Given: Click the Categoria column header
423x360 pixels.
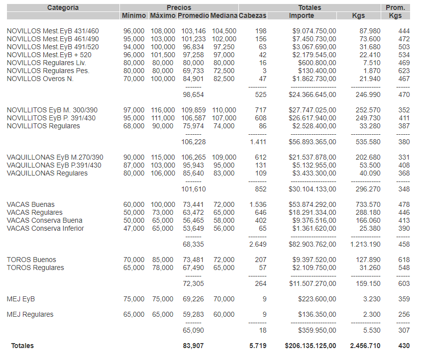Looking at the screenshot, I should pos(63,7).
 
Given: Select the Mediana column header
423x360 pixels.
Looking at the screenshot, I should pos(223,16).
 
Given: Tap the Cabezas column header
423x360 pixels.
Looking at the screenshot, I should pos(252,16).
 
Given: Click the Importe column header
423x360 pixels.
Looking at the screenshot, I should pos(302,16).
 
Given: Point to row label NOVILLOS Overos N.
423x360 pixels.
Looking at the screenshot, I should pos(40,79).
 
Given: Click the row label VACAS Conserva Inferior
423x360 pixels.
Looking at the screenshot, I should pos(45,228).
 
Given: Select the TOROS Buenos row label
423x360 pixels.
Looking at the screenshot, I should pos(31,260).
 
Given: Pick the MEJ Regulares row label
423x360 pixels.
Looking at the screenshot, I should pos(30,314).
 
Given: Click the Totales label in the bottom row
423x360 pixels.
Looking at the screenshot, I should pos(23,345).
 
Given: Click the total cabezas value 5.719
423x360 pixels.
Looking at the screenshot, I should pos(257,345).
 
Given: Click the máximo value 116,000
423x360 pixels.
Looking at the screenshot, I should pos(163,110).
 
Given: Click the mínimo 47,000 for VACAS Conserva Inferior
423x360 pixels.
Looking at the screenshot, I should pos(134,228).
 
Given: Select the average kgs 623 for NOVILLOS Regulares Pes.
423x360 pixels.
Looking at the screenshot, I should pos(404,71).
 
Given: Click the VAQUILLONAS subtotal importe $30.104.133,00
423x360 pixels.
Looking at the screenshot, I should pos(312,189).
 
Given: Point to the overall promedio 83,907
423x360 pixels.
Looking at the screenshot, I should pos(194,345).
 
